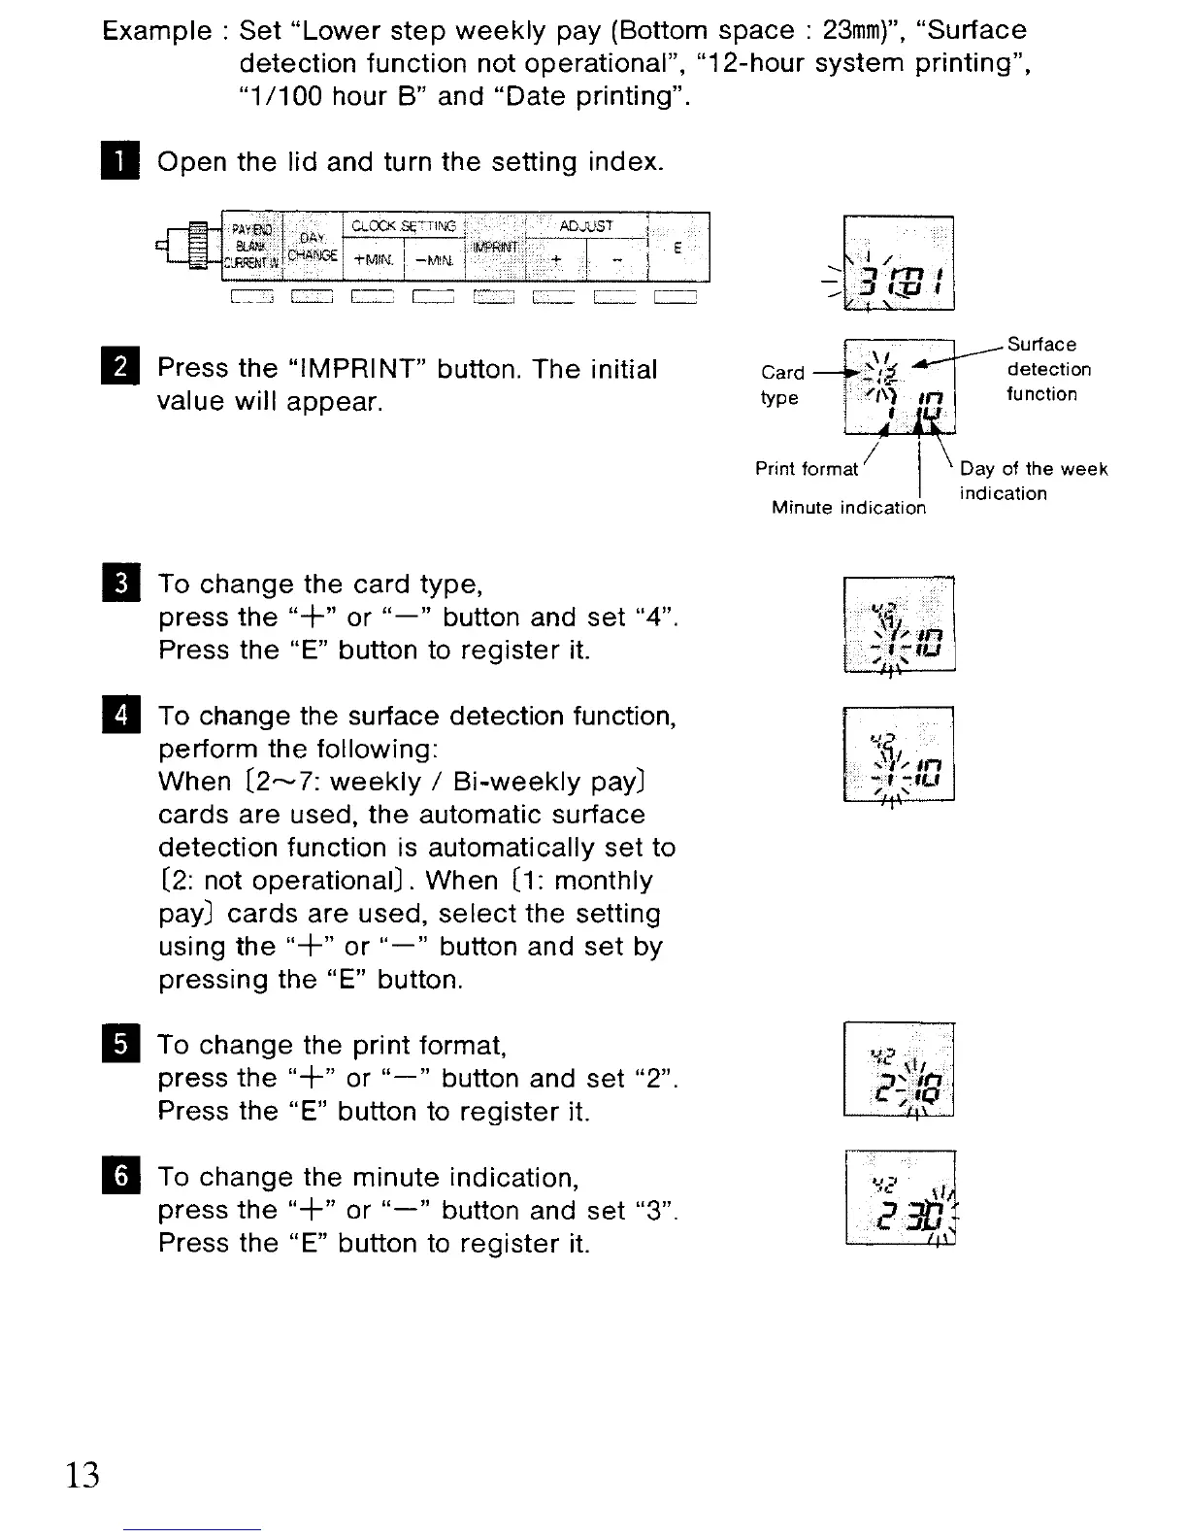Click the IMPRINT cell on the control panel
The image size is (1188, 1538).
[495, 247]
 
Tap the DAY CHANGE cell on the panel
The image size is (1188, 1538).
[313, 247]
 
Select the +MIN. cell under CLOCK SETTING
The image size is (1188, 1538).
[374, 260]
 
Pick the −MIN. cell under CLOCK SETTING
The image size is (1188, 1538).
[434, 260]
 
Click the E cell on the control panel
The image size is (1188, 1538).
[677, 248]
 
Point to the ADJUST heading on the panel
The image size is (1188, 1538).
[586, 226]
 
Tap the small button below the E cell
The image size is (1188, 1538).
[676, 297]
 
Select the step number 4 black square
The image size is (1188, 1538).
[121, 716]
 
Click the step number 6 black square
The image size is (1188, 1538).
[121, 1177]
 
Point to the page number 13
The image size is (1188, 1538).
[82, 1475]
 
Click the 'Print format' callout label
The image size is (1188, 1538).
[807, 470]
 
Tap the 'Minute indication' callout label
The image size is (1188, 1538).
[848, 507]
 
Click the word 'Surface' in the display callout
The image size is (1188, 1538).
[1041, 345]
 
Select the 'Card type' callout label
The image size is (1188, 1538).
[782, 384]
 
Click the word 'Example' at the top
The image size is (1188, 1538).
[156, 31]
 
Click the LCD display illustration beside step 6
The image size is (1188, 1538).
[900, 1196]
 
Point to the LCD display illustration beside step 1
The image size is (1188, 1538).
[899, 262]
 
